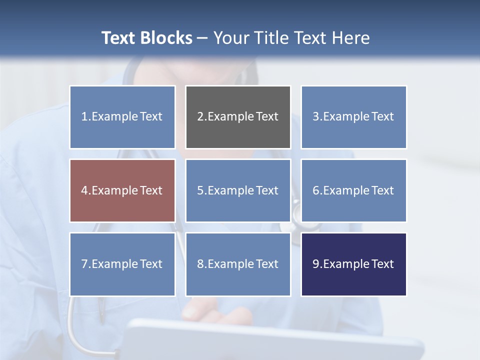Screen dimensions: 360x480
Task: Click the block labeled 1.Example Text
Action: click(x=122, y=117)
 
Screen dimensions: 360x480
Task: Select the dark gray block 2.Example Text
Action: click(x=238, y=117)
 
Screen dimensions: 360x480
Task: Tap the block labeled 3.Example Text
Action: click(x=353, y=117)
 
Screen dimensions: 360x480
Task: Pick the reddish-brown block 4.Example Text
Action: click(x=122, y=190)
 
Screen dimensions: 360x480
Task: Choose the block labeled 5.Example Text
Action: click(x=238, y=190)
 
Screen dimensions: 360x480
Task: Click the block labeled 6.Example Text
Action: click(x=353, y=190)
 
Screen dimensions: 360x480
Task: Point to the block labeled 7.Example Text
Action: click(x=122, y=264)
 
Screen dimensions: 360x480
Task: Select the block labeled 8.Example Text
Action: click(x=238, y=264)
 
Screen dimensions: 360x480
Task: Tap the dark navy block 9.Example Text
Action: click(x=353, y=264)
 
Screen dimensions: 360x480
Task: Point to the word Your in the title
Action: click(x=229, y=38)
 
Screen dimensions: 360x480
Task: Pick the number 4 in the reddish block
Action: click(x=84, y=190)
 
